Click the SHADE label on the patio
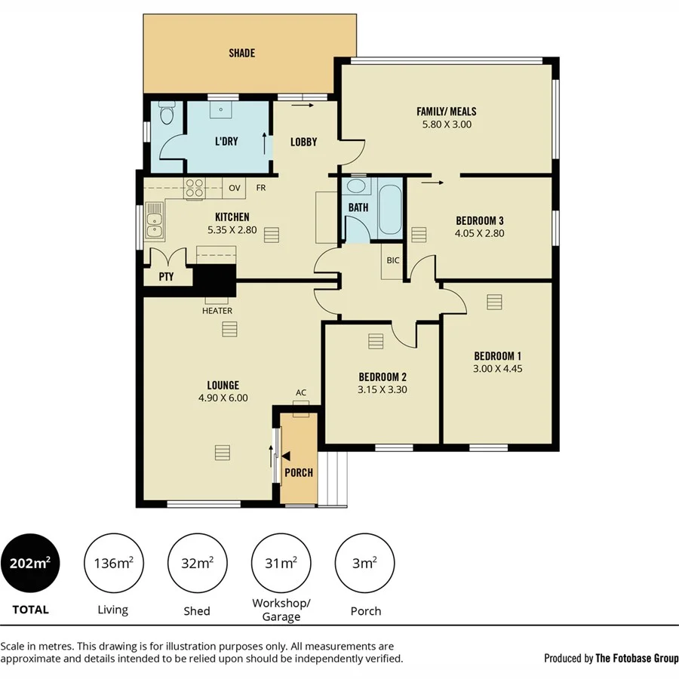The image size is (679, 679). coord(242,53)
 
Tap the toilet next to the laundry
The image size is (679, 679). coord(167,115)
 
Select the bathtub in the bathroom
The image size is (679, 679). coord(390,207)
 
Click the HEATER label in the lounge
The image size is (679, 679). coord(217,310)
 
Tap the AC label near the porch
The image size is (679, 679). coord(301,392)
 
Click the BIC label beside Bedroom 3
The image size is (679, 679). coord(393,260)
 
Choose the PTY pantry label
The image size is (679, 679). coord(167,277)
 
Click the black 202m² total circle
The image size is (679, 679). coord(30,563)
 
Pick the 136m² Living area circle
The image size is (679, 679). coord(114,563)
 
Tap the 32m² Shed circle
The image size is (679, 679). coord(198,563)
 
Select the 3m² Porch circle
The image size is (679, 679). coord(364,563)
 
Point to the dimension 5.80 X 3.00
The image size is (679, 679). coord(447,124)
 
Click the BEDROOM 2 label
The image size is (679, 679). coord(383,377)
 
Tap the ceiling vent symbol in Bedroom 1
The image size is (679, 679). coord(494,302)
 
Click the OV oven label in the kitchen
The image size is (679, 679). coord(235,188)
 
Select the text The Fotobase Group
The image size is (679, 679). coord(637,658)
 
